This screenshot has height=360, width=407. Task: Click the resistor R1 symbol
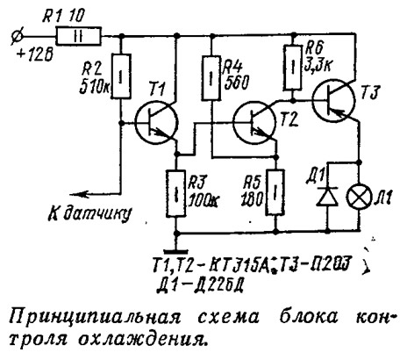79,36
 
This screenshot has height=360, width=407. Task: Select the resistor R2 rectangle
120,76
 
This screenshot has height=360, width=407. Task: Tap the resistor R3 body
176,194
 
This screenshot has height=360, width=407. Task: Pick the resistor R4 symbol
211,78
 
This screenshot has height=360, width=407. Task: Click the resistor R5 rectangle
275,192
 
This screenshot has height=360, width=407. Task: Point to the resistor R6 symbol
293,68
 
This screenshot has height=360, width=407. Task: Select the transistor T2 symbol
254,122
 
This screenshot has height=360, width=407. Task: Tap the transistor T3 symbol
333,100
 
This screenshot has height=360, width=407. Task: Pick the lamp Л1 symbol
359,197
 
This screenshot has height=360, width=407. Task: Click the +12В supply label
36,54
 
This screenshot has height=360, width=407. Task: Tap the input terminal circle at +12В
17,37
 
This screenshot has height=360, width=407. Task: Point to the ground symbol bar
175,251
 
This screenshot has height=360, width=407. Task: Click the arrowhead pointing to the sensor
78,194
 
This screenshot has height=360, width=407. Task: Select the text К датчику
89,213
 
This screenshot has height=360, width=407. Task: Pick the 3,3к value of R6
318,66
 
